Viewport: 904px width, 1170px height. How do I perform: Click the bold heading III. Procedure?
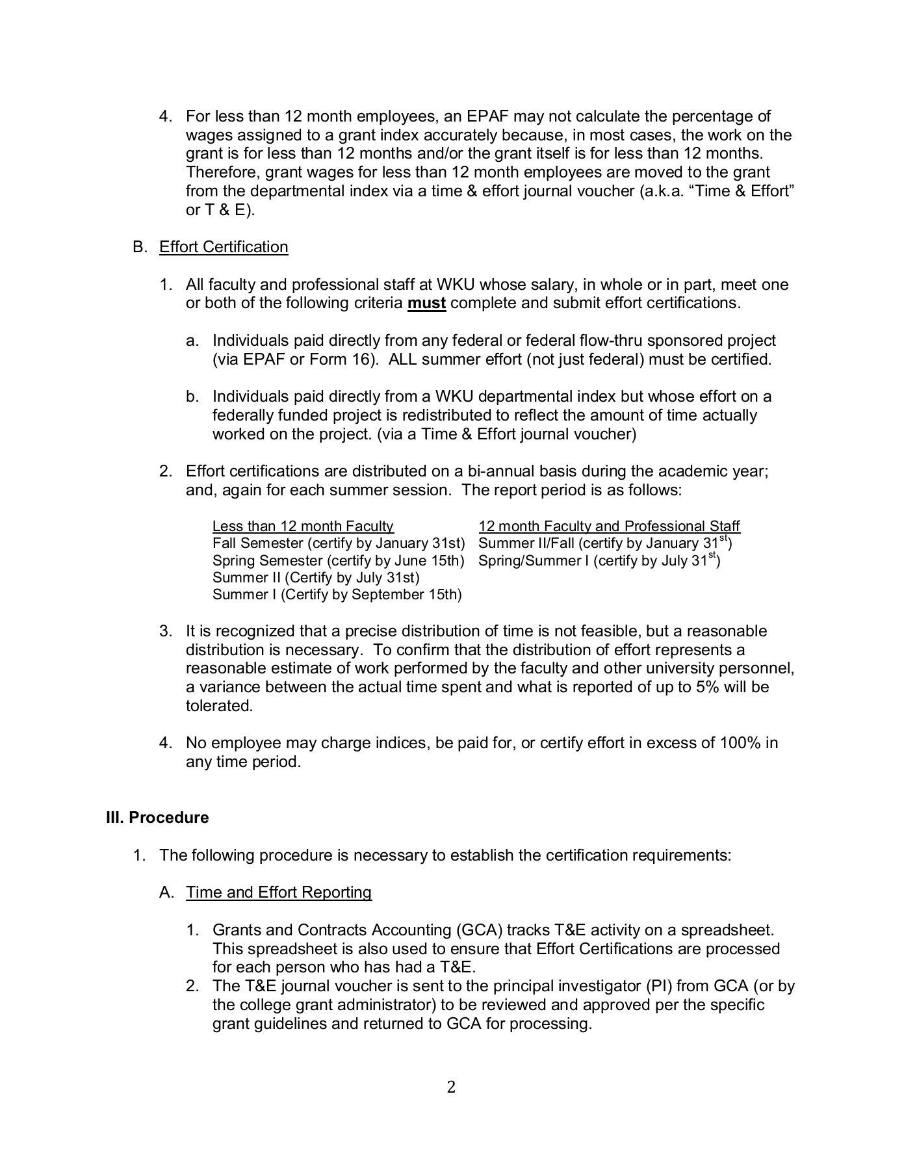tap(157, 818)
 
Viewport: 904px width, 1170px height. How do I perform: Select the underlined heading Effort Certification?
tap(224, 247)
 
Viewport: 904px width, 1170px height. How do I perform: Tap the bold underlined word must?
tap(426, 304)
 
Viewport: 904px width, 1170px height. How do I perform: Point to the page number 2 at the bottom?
tap(452, 1087)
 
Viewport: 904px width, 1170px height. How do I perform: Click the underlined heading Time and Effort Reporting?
tap(279, 892)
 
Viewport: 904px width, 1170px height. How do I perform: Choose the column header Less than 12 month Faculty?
tap(303, 526)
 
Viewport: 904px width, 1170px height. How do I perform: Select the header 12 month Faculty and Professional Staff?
tap(609, 526)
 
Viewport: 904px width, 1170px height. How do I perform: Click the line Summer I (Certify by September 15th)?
tap(337, 595)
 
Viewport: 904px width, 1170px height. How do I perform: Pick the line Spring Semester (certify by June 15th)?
tap(339, 561)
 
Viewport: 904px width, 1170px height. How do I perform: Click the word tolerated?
tap(219, 706)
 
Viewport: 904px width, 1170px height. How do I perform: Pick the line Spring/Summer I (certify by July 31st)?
tap(599, 560)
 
